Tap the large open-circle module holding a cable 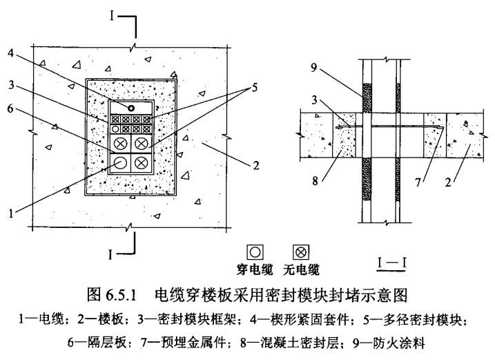(x=121, y=163)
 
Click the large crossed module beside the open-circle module (x=142, y=163)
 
